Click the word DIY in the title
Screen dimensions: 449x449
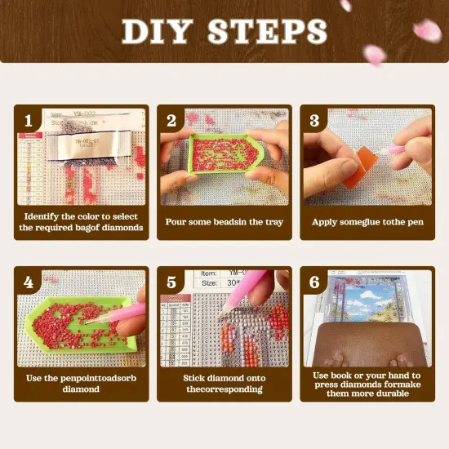(158, 31)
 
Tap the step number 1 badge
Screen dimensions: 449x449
(28, 121)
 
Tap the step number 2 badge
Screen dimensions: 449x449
(171, 121)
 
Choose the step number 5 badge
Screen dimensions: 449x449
(171, 283)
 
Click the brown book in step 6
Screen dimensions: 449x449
(367, 343)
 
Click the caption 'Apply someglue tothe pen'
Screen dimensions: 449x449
(367, 221)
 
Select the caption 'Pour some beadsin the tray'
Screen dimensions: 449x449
(224, 221)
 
